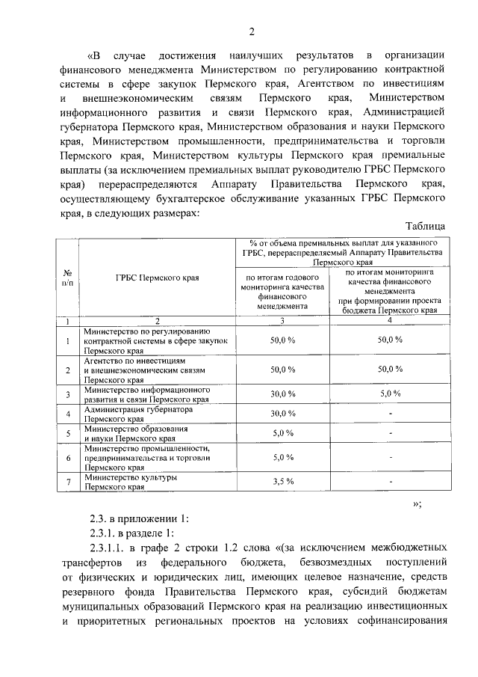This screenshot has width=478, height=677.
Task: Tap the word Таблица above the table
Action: click(x=425, y=226)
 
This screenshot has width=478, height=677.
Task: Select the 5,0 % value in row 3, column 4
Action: click(x=390, y=392)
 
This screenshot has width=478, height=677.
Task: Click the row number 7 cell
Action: click(x=67, y=482)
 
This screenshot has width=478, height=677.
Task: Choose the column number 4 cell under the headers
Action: click(x=390, y=321)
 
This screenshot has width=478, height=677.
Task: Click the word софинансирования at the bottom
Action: click(x=403, y=621)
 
